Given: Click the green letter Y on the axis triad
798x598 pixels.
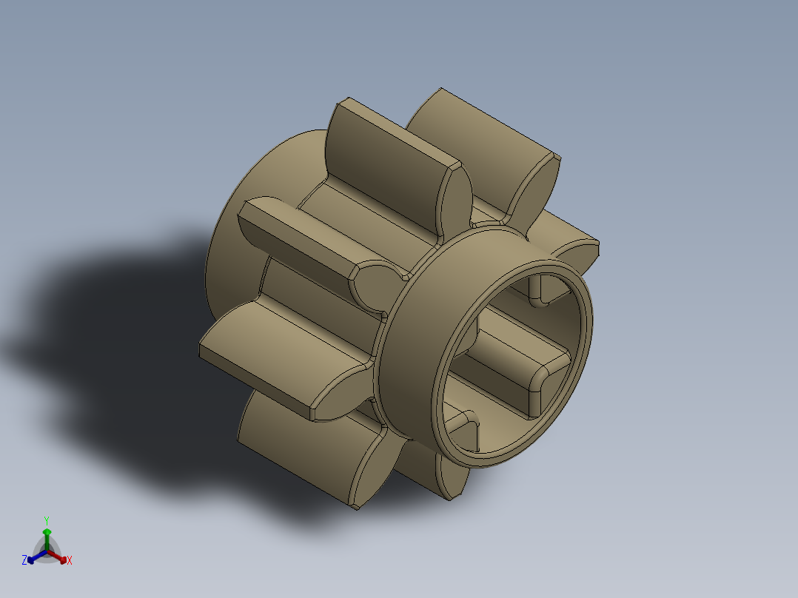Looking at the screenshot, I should click(46, 520).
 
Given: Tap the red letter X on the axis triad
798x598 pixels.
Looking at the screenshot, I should click(70, 561).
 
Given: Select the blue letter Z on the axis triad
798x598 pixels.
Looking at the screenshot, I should click(24, 561).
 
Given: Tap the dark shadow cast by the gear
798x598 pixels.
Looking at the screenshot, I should click(111, 333).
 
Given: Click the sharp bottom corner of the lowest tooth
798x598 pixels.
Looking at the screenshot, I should click(357, 507).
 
